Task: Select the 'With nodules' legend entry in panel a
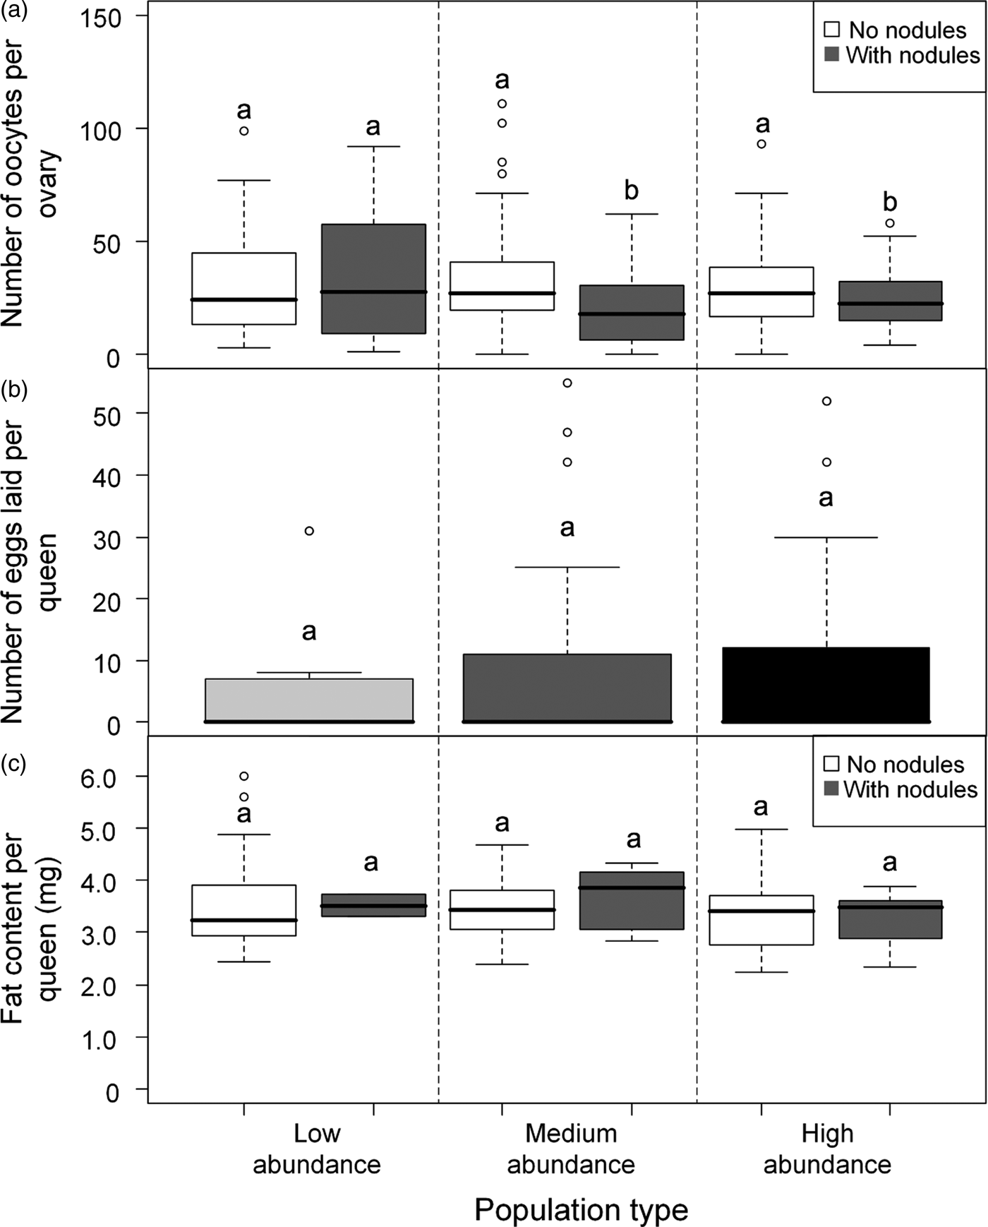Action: tap(903, 55)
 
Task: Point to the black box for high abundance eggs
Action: tap(826, 685)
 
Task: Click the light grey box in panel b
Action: tap(309, 700)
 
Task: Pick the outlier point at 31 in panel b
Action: tap(309, 531)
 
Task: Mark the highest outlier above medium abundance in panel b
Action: tap(567, 383)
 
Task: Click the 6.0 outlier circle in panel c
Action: tap(244, 776)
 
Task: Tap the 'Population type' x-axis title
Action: tap(581, 1209)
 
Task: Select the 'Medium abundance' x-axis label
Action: tap(571, 1149)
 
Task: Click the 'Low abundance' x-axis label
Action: tap(317, 1149)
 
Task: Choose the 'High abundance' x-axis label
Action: tap(827, 1149)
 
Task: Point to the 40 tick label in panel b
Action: tap(107, 477)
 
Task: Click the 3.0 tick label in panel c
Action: tap(102, 933)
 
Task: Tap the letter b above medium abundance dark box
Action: tap(632, 191)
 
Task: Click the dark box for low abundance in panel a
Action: tap(373, 279)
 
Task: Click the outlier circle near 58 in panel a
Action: tap(890, 223)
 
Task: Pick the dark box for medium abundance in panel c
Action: tap(632, 901)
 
